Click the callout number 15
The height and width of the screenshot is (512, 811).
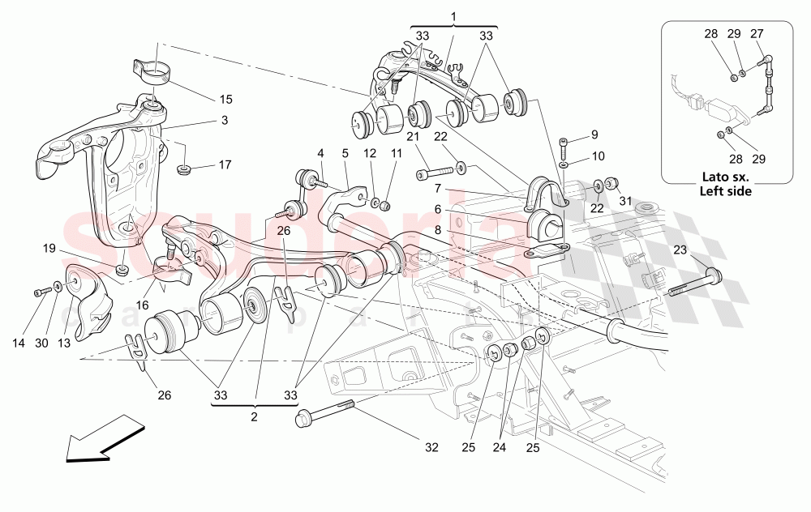pyautogui.click(x=225, y=99)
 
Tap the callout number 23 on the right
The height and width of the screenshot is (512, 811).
pyautogui.click(x=679, y=250)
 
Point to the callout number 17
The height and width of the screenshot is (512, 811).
pyautogui.click(x=225, y=164)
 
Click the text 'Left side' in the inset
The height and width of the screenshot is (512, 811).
pyautogui.click(x=727, y=192)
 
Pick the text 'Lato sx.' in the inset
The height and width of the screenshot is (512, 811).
pyautogui.click(x=727, y=179)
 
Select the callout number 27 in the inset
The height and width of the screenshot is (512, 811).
pyautogui.click(x=756, y=33)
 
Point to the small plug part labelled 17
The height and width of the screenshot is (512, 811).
pyautogui.click(x=185, y=170)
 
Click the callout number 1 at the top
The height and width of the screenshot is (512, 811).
pyautogui.click(x=453, y=15)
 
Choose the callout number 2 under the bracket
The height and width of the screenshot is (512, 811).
pyautogui.click(x=254, y=416)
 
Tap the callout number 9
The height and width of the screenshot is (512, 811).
pyautogui.click(x=594, y=134)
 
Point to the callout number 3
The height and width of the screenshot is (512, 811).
pyautogui.click(x=225, y=119)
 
